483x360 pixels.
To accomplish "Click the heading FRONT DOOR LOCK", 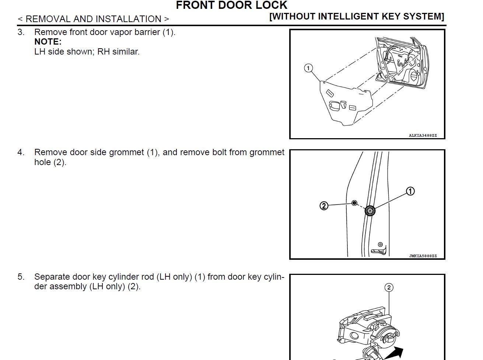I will click(x=231, y=5).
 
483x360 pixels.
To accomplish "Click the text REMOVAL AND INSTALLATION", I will click(x=93, y=19).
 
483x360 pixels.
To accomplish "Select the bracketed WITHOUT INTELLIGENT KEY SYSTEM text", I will click(x=356, y=17).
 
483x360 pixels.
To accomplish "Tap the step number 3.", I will click(x=21, y=32).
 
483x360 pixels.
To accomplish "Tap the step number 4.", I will click(x=21, y=153).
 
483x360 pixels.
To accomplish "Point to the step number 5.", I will click(x=21, y=277).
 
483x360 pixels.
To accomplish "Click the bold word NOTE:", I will click(x=48, y=42).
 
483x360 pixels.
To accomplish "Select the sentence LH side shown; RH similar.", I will click(x=87, y=52).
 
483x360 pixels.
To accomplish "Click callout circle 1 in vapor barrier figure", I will click(x=308, y=68).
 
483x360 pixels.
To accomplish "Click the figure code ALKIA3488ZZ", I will click(x=423, y=136).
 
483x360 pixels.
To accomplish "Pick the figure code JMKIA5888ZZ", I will click(x=423, y=256).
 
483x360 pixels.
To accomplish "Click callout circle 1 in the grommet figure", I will click(x=410, y=191).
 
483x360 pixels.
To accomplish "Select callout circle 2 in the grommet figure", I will click(x=323, y=206).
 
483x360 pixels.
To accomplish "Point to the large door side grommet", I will click(x=370, y=211).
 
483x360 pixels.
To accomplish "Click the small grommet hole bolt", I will click(x=354, y=203).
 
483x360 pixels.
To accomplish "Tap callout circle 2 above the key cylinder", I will click(x=389, y=287).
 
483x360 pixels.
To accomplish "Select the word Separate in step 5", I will click(x=52, y=277).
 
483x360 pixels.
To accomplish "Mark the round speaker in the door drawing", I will click(x=413, y=76).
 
